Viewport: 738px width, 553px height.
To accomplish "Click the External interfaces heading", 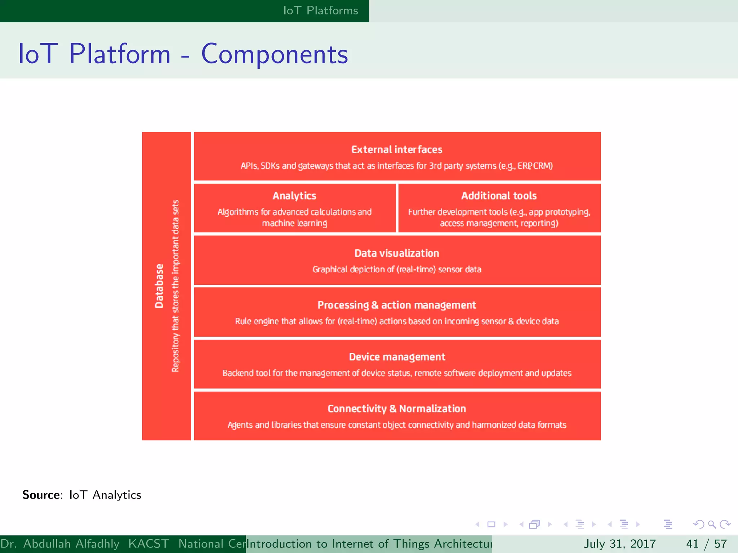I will (397, 149).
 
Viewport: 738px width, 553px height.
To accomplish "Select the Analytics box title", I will (294, 195).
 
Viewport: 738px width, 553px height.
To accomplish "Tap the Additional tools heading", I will (499, 195).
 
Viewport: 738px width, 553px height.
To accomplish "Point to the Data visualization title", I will (397, 253).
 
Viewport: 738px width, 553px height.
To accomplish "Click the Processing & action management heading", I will (397, 305).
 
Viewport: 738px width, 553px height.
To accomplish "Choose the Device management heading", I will (397, 357).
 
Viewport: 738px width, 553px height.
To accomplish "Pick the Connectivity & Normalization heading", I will (397, 409).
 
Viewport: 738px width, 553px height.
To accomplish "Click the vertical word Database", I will (159, 286).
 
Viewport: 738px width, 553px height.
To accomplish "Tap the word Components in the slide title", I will (274, 54).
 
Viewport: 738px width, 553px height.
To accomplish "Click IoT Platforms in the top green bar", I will (320, 10).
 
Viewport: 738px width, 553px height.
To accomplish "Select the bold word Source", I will (41, 495).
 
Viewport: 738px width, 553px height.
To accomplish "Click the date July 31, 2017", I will (619, 544).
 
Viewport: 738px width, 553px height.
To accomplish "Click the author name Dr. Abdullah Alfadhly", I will (60, 544).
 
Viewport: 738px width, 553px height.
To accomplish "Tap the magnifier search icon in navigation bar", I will (712, 524).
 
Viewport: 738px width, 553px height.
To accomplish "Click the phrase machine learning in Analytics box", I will (294, 223).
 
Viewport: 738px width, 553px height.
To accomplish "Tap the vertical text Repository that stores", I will (175, 331).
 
